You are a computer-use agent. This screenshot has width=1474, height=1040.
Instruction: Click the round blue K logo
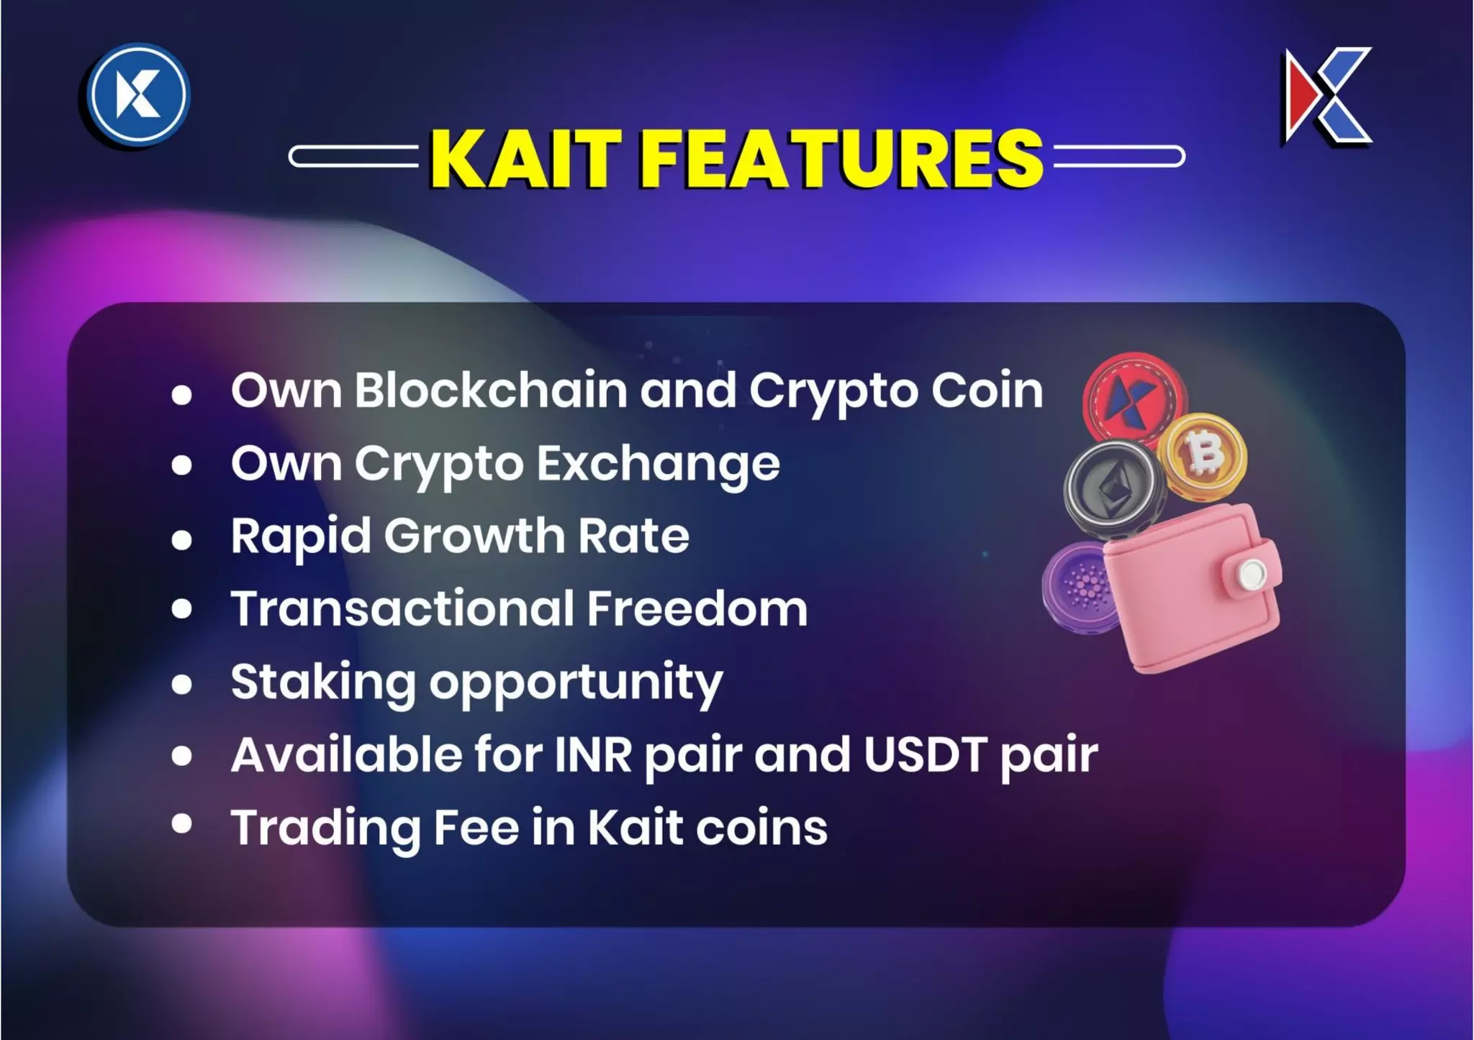pyautogui.click(x=138, y=94)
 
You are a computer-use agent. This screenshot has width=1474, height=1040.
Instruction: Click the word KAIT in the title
pyautogui.click(x=525, y=159)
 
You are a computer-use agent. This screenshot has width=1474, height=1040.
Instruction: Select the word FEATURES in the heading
pyautogui.click(x=841, y=159)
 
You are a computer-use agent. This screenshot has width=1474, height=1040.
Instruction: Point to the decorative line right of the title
pyautogui.click(x=1118, y=156)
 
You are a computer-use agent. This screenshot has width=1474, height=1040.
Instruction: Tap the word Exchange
pyautogui.click(x=658, y=464)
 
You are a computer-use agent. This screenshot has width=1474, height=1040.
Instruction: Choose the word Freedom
pyautogui.click(x=697, y=609)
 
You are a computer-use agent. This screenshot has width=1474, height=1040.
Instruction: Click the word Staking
pyautogui.click(x=323, y=682)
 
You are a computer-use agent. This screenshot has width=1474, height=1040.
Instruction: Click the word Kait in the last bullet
pyautogui.click(x=635, y=827)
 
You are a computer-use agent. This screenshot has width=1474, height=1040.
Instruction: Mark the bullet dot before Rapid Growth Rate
pyautogui.click(x=182, y=539)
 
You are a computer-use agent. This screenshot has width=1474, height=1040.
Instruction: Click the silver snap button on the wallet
pyautogui.click(x=1252, y=573)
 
